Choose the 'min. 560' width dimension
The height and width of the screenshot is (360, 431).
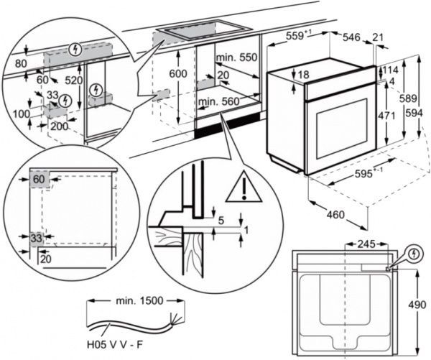[x=220, y=102]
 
